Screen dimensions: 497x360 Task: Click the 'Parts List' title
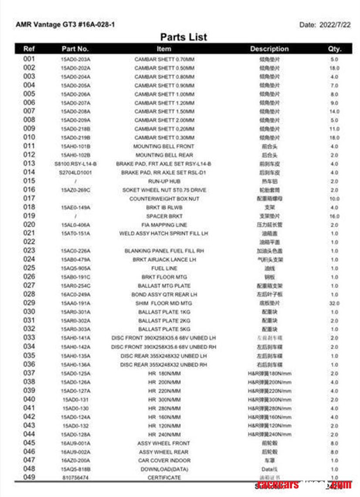tap(183, 37)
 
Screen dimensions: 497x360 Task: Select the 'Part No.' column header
tap(75, 49)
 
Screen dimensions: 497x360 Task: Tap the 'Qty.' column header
tap(334, 49)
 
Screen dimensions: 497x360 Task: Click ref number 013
tap(29, 163)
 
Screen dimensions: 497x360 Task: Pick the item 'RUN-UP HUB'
tap(164, 181)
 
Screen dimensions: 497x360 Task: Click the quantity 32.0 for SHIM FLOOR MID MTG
tap(334, 303)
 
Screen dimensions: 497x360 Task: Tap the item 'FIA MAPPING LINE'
tap(164, 225)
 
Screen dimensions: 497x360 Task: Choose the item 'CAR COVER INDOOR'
tap(164, 460)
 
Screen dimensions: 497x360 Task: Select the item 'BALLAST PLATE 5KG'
tap(164, 330)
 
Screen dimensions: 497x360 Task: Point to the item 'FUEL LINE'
tap(164, 269)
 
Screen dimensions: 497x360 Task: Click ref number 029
tap(29, 303)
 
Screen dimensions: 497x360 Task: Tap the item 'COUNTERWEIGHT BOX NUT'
tap(164, 199)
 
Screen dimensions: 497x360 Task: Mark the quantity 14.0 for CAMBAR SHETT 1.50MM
tap(334, 112)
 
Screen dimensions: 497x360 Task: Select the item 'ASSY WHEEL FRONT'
tap(164, 443)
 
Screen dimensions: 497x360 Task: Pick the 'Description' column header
tap(269, 49)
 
